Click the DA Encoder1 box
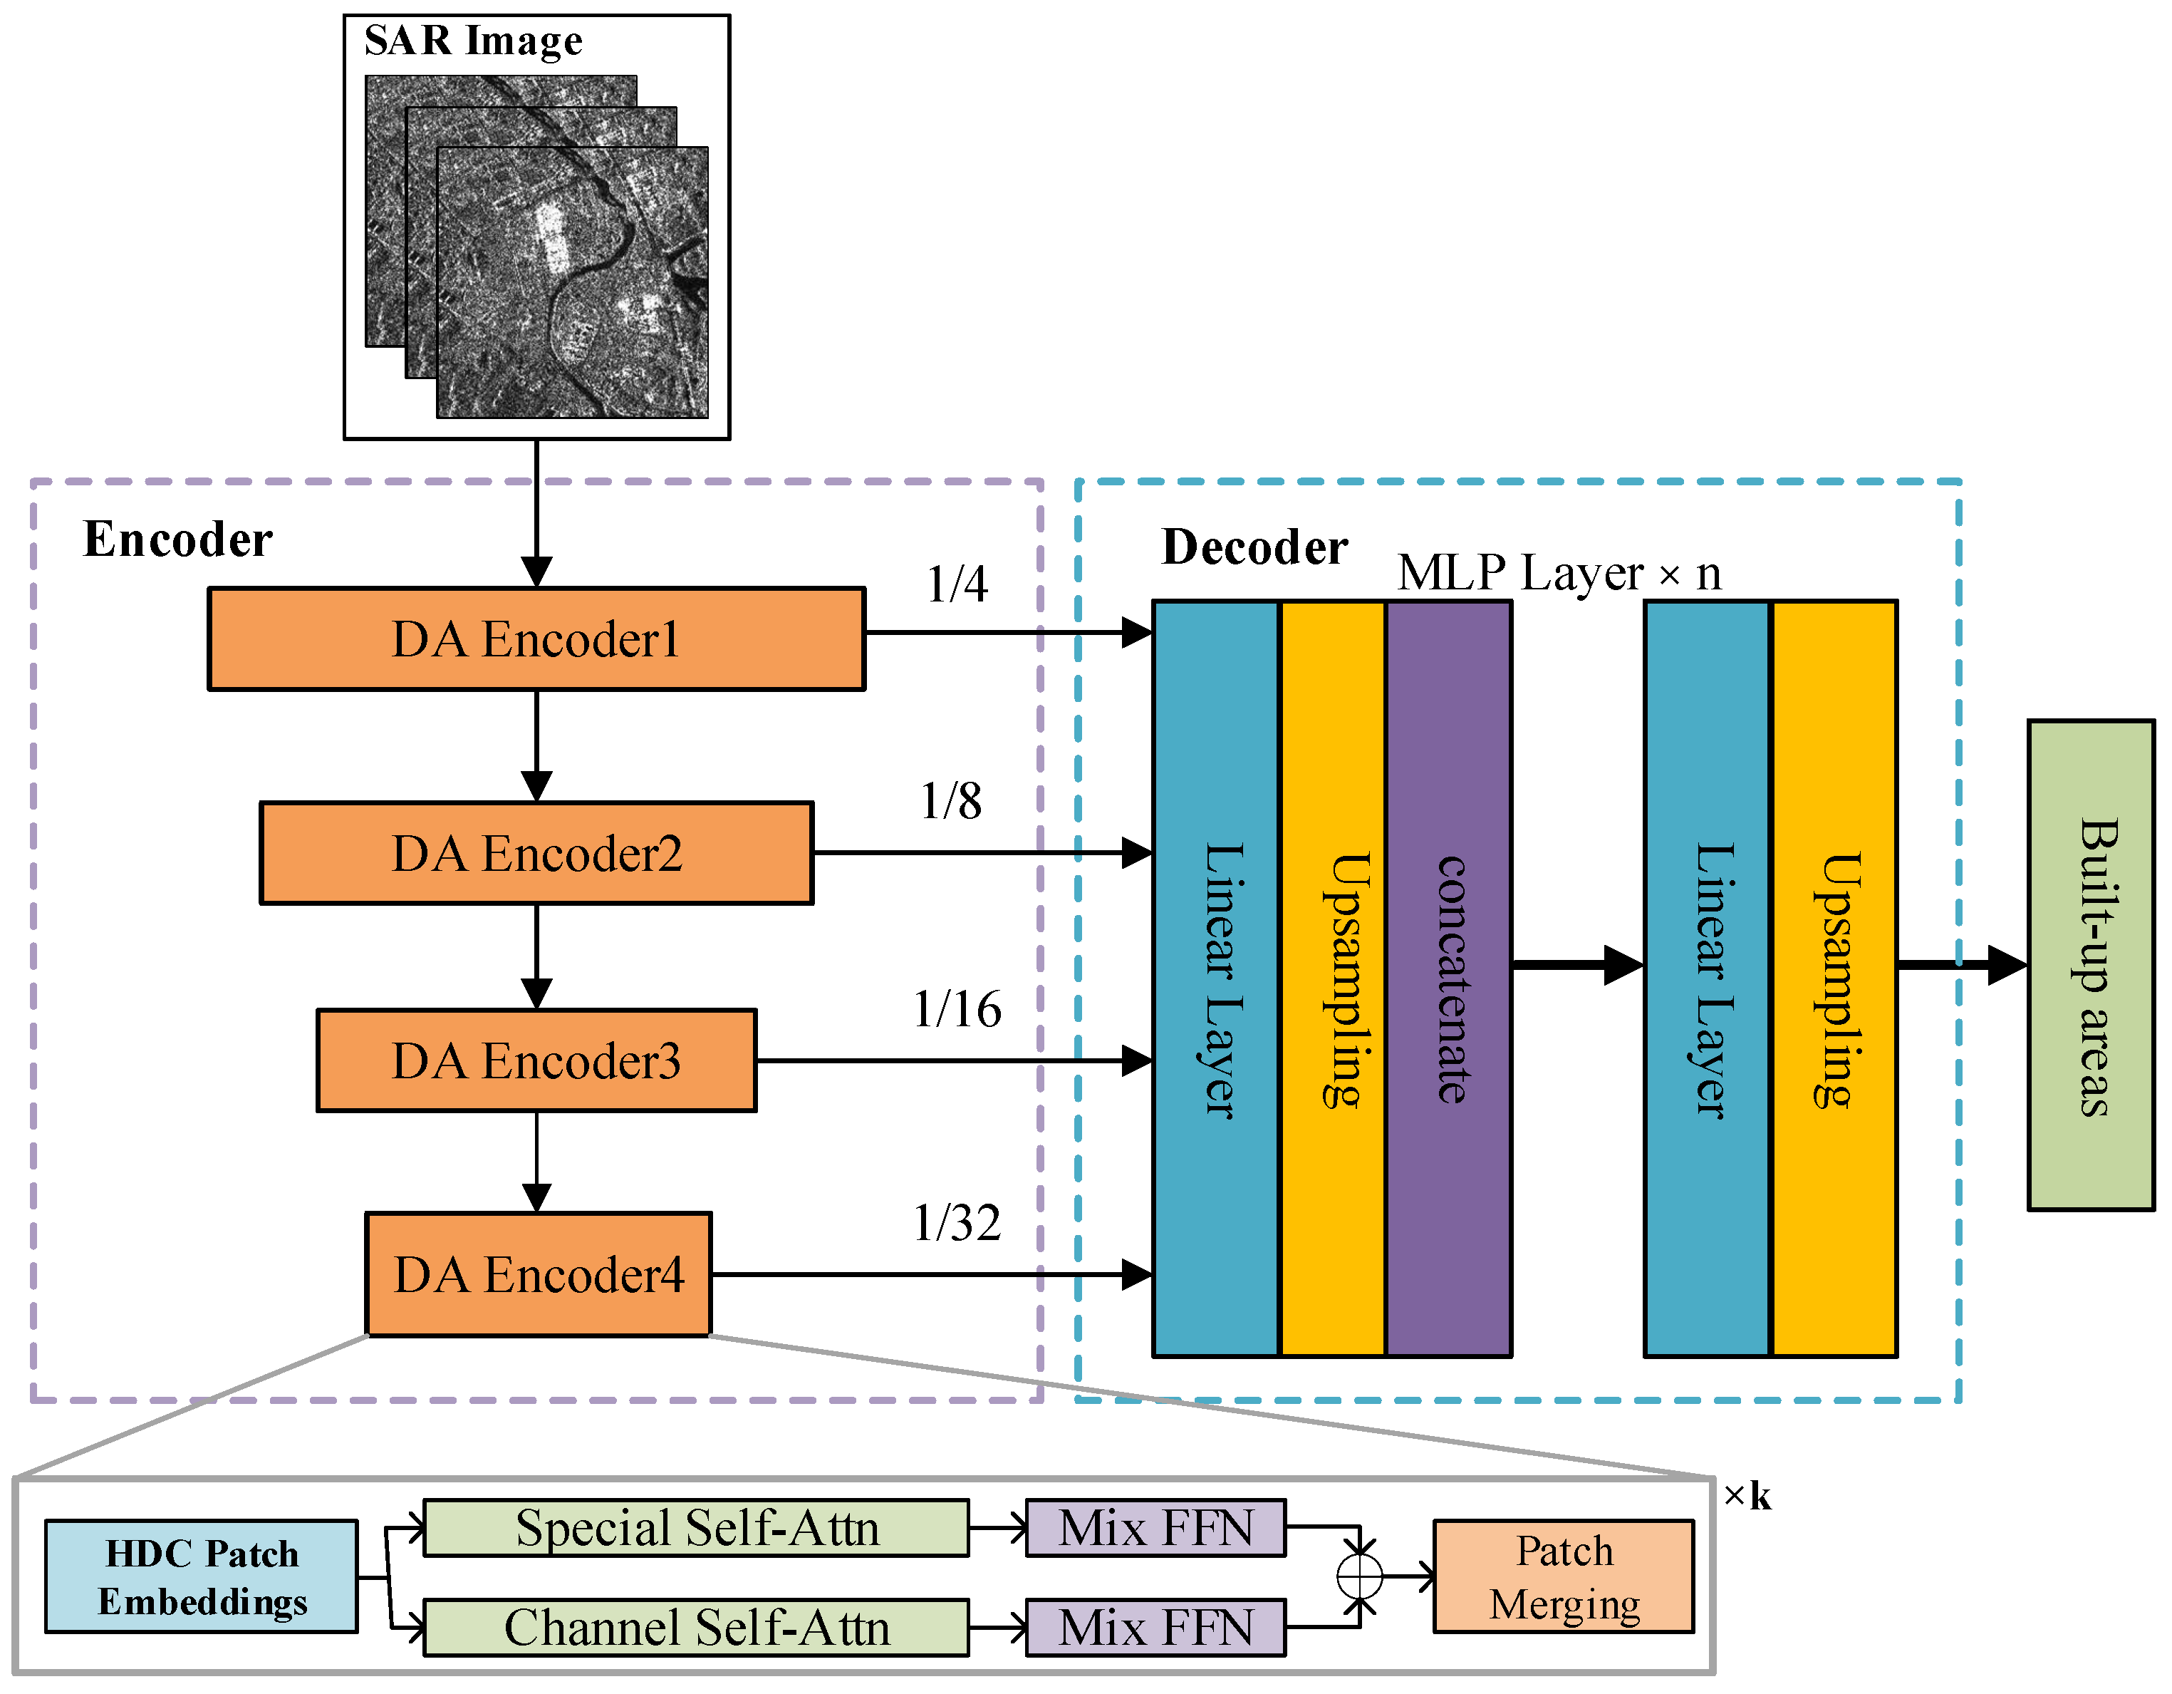pos(536,639)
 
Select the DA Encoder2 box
pos(536,852)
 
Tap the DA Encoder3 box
pos(536,1060)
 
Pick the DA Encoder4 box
pos(538,1274)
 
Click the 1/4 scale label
pos(957,584)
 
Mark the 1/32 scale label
pos(957,1222)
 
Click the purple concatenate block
pos(1449,978)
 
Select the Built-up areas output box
pos(2091,965)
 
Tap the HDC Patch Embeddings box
pos(201,1576)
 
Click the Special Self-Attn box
pos(696,1528)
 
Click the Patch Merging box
pos(1564,1576)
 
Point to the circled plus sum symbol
pos(1359,1576)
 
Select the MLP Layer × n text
pos(1559,573)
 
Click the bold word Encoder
pos(177,540)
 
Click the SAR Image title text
pos(474,41)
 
